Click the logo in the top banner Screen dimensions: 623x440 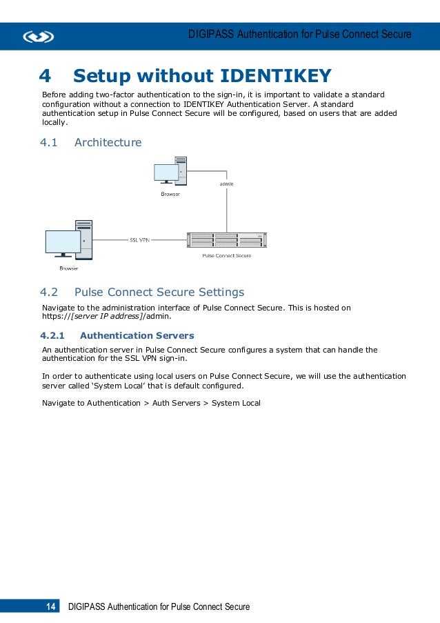(38, 37)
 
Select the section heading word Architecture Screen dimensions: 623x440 (108, 143)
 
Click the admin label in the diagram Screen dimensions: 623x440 (226, 184)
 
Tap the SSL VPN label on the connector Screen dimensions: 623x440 (140, 240)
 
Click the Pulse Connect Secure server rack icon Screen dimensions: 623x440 (226, 239)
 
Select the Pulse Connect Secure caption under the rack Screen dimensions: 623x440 (226, 255)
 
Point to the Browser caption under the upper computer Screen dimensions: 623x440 (170, 194)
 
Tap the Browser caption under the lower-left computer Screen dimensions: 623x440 (68, 268)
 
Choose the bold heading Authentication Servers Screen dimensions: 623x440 (137, 336)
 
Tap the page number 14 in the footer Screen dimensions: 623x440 (50, 607)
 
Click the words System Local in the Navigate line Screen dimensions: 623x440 (236, 403)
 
